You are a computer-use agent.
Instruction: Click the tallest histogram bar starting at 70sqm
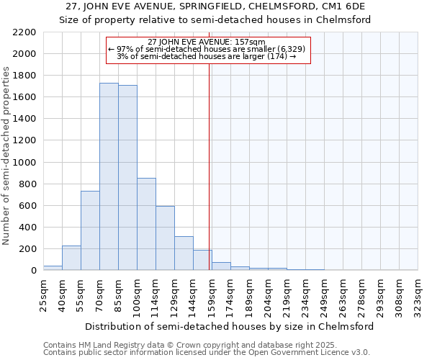(x=109, y=176)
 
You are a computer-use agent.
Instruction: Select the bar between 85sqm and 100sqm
(x=127, y=178)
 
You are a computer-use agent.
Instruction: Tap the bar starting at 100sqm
(x=146, y=224)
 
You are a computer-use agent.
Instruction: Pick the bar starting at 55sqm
(x=90, y=230)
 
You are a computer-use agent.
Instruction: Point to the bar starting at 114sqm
(x=165, y=238)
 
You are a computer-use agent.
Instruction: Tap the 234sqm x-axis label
(x=306, y=294)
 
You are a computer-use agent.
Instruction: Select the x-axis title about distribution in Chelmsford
(x=230, y=326)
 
